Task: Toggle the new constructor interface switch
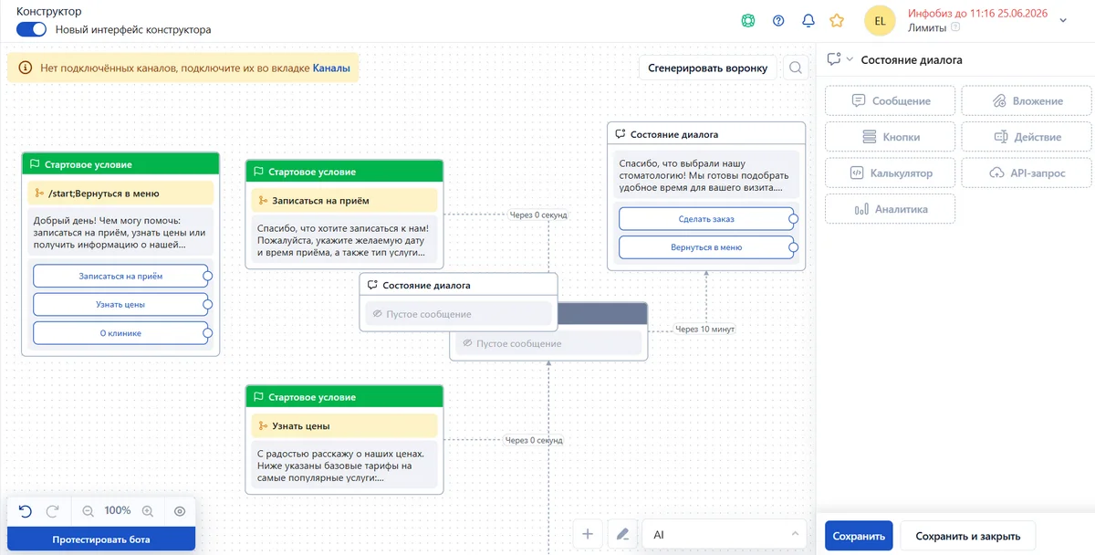[31, 29]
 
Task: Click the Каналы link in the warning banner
[331, 68]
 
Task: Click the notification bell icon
[808, 20]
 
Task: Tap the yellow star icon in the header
[837, 20]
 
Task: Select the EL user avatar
[880, 20]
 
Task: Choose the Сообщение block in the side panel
[891, 100]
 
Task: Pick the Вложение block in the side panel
[1027, 100]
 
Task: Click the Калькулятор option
[891, 173]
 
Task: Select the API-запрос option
[1027, 173]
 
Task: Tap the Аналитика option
[891, 209]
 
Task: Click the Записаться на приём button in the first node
[120, 277]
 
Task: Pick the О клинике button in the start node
[120, 333]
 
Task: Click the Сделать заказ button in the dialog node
[706, 219]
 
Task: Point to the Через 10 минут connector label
[704, 330]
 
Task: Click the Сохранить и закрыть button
[968, 536]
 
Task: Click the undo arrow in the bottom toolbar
[26, 511]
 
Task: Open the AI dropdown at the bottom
[724, 535]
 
